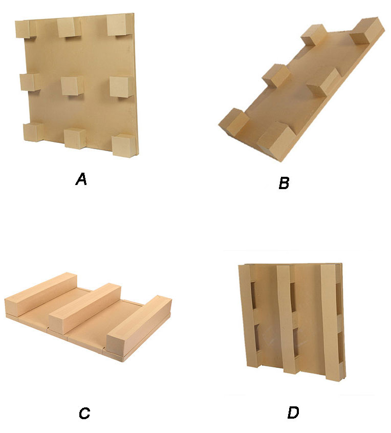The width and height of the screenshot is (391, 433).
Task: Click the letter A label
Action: pos(81,179)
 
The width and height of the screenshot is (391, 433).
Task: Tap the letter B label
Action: pos(284,183)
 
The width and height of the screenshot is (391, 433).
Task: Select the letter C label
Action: pos(84,413)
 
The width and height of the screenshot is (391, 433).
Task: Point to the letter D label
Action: pos(293,413)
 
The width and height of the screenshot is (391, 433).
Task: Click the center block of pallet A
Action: pos(72,86)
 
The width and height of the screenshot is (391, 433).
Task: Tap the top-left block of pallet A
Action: pos(26,29)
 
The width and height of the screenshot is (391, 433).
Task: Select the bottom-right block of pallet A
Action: pos(124,146)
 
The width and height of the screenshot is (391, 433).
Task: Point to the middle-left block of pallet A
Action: pos(30,82)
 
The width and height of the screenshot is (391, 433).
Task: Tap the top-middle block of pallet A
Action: pos(69,28)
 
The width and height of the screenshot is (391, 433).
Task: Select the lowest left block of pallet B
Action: pos(234,122)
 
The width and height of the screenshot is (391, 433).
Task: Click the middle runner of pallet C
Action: pos(85,308)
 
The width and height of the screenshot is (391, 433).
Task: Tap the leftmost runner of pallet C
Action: pos(41,294)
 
